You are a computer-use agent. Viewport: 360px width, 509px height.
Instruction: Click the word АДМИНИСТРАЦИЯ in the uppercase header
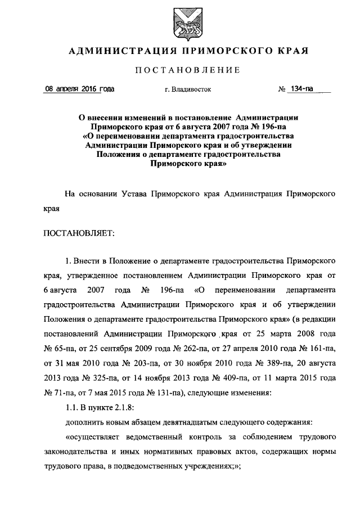coord(116,51)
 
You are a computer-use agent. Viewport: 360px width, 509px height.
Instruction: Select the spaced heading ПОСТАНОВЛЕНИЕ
coord(180,70)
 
